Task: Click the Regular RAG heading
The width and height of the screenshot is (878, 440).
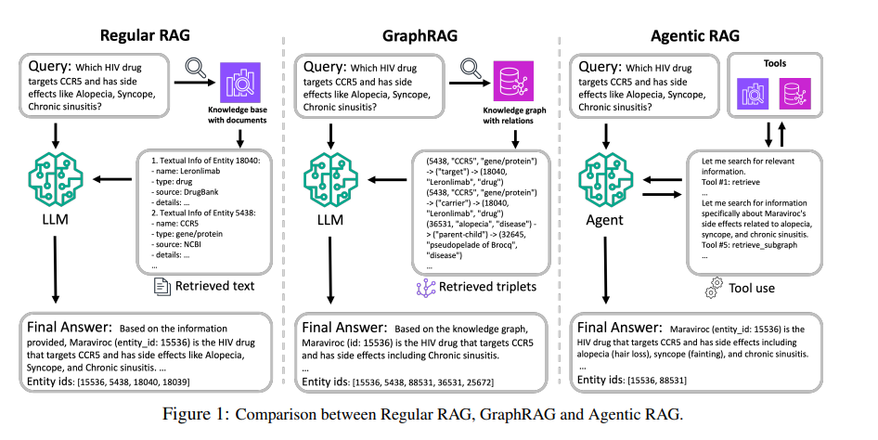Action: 145,35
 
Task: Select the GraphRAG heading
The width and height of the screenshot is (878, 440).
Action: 420,36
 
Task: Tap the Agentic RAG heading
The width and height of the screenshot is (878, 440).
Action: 695,36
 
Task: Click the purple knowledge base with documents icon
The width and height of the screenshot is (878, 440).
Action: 240,83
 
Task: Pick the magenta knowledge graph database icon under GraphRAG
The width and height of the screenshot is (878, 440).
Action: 513,81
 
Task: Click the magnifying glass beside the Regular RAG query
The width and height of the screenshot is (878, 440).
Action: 196,68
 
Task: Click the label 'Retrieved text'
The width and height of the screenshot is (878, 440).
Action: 214,286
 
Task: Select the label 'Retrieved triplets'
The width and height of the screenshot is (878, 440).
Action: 487,287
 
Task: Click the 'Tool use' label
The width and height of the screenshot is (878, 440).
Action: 752,289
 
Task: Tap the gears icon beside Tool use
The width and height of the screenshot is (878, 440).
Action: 714,287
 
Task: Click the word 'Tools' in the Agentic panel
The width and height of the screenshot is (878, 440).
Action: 775,63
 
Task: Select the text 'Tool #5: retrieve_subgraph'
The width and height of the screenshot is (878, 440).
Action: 749,245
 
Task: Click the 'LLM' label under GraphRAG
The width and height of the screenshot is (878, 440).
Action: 329,220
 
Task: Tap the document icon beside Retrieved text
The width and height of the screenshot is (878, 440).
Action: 162,287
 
